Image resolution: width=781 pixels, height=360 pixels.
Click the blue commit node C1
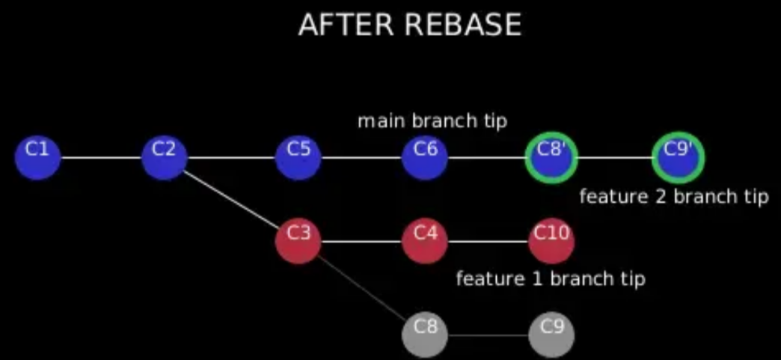[38, 158]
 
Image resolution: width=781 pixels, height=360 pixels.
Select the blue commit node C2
[165, 158]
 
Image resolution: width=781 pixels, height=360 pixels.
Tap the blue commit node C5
[298, 158]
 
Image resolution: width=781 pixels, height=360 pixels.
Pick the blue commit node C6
[425, 158]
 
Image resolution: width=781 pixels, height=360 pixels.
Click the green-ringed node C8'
[551, 158]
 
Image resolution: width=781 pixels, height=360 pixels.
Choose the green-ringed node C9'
[679, 158]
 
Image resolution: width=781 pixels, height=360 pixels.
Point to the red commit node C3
[298, 242]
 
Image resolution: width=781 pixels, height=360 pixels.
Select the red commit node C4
[425, 242]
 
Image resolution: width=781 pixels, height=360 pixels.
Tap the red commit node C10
[551, 242]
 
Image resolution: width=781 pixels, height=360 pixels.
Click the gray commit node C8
[425, 335]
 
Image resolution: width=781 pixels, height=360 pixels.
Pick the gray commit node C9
[551, 335]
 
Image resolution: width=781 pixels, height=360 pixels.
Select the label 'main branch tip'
[432, 120]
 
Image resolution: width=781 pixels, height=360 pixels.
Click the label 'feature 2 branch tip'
[674, 196]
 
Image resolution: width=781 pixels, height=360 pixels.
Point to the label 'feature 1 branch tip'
[551, 278]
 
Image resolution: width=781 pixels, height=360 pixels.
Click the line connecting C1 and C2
[101, 158]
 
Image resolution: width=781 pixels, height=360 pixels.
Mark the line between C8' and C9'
[615, 158]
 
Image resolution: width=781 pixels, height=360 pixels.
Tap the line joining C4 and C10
[488, 242]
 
